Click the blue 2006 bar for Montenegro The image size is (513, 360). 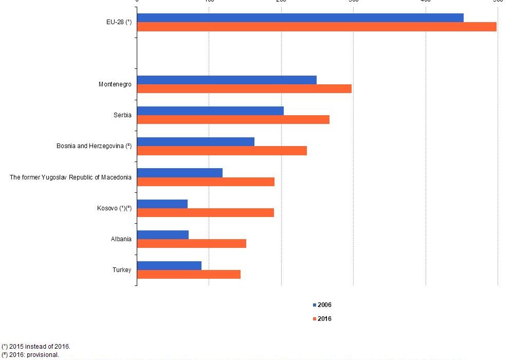click(227, 80)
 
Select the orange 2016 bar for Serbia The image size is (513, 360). click(233, 120)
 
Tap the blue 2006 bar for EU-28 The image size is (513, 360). click(300, 18)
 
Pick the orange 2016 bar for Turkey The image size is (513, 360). click(189, 275)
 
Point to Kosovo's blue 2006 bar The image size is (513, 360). click(162, 204)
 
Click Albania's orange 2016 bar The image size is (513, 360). click(191, 243)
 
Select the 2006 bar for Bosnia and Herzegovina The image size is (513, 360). click(196, 142)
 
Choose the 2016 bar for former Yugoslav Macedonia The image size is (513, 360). click(206, 182)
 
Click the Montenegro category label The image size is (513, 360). click(115, 84)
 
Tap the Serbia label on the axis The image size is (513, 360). click(122, 115)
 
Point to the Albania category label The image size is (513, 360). click(121, 239)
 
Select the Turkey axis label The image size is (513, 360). click(122, 270)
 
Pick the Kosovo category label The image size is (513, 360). click(114, 208)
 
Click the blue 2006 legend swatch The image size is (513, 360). click(314, 305)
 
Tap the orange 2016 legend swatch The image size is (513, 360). click(314, 319)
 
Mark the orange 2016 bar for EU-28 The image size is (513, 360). click(317, 27)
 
